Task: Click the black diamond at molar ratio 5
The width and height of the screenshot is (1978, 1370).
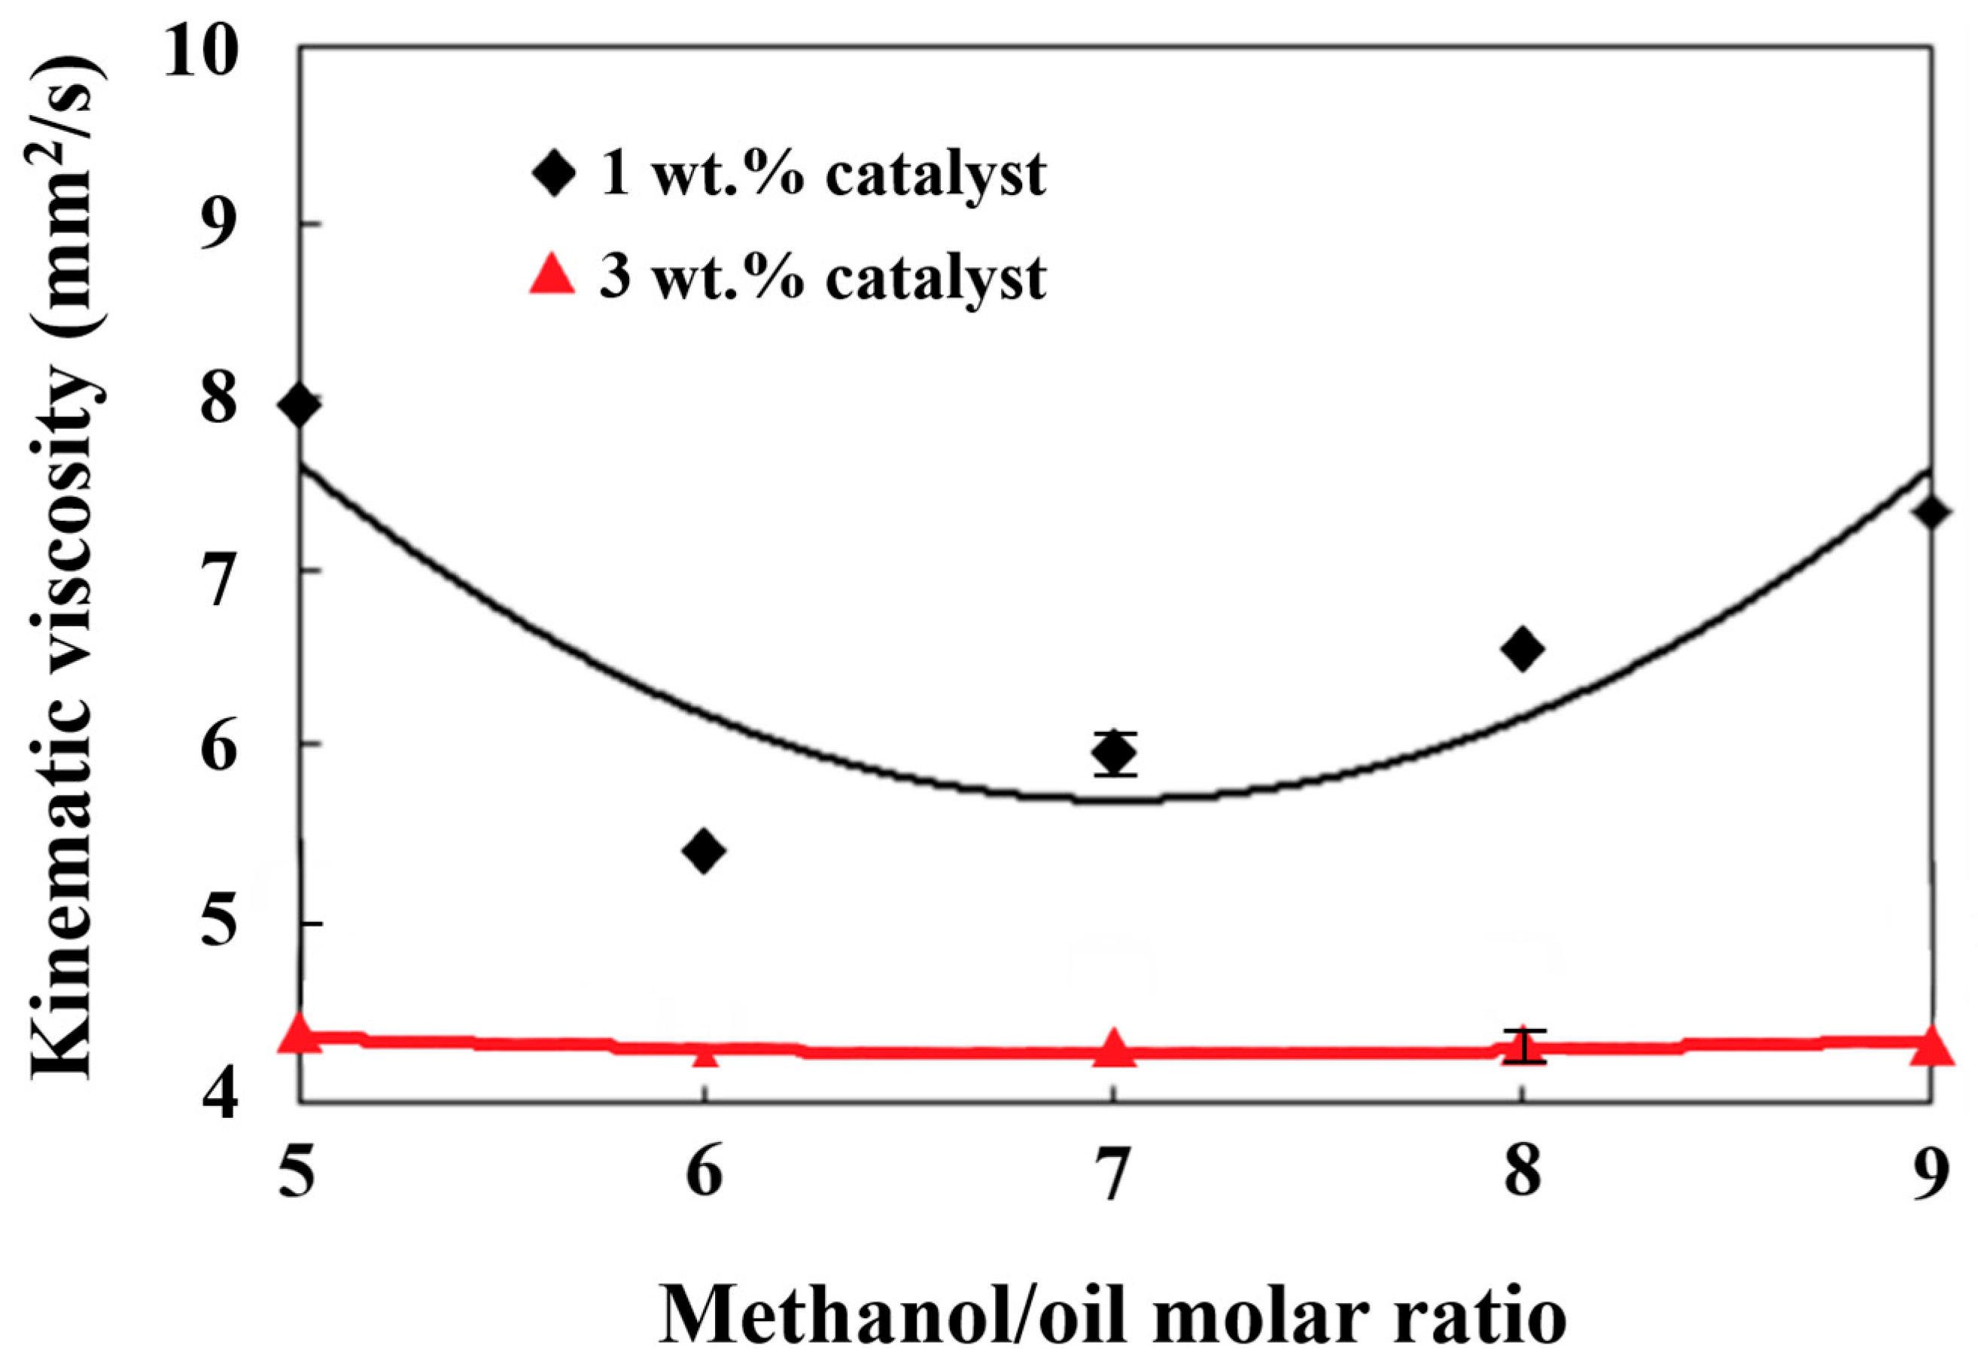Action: coord(300,404)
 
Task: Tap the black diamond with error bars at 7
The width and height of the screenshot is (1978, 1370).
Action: coord(1115,753)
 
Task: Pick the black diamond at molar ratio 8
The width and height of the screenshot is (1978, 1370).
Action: coord(1523,648)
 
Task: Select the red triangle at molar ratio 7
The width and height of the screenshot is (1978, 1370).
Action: coord(1114,1048)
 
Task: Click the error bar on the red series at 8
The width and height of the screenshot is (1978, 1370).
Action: coord(1524,1046)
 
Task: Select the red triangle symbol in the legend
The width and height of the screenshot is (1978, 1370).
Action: coord(552,276)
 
